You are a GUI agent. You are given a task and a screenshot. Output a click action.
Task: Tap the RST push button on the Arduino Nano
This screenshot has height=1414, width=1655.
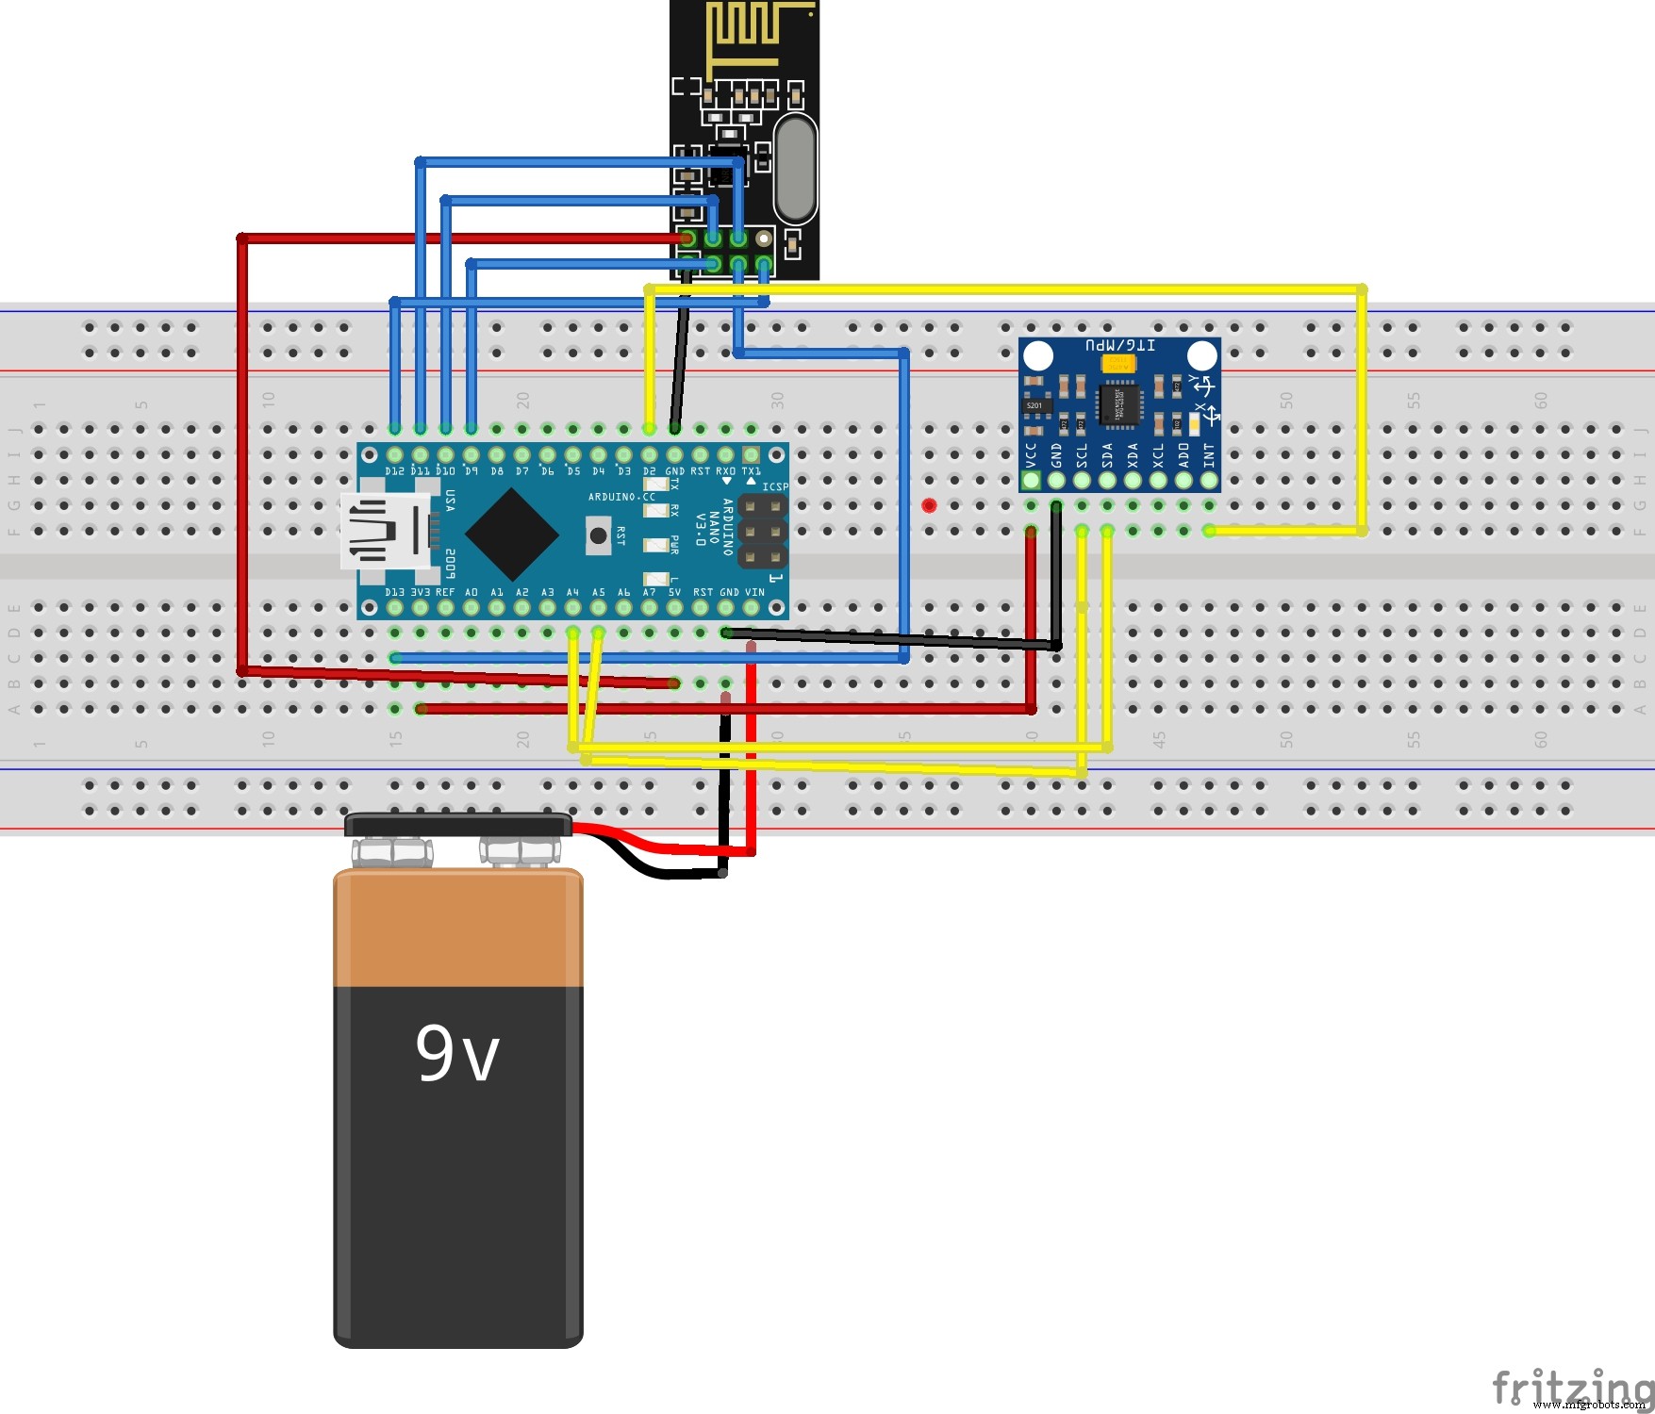click(x=598, y=535)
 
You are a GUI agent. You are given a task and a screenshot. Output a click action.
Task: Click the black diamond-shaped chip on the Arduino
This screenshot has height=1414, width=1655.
click(x=511, y=534)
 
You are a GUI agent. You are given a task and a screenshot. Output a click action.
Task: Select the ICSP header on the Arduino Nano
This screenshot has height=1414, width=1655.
click(x=763, y=532)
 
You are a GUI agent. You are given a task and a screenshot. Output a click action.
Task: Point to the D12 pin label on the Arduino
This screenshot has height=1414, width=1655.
click(x=394, y=471)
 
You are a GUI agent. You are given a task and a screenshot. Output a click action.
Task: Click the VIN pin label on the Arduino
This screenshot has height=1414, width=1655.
click(x=754, y=593)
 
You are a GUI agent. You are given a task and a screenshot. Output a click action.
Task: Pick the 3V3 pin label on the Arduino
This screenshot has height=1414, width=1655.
click(x=420, y=593)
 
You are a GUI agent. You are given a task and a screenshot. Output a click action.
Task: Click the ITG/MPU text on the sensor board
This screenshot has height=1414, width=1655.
click(x=1119, y=346)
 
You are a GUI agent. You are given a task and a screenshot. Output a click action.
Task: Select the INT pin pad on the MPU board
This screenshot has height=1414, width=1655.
click(x=1209, y=480)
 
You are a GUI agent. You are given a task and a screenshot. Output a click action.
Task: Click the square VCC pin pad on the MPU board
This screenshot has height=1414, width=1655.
click(x=1031, y=480)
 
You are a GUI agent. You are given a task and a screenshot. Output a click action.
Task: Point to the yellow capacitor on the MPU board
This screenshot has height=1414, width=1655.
click(x=1117, y=362)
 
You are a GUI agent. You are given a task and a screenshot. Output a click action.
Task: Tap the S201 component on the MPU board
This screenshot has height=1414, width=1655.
click(x=1034, y=405)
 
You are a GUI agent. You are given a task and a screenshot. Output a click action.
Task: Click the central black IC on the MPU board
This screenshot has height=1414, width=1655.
click(x=1118, y=403)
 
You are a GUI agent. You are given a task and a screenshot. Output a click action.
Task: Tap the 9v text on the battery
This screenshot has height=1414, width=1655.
click(x=457, y=1053)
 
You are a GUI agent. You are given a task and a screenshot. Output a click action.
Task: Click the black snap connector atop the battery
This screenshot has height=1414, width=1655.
click(x=457, y=826)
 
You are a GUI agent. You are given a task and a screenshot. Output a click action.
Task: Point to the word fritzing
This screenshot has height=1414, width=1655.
click(x=1570, y=1387)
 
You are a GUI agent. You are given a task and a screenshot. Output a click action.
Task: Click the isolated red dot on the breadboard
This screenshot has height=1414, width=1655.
click(x=929, y=505)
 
